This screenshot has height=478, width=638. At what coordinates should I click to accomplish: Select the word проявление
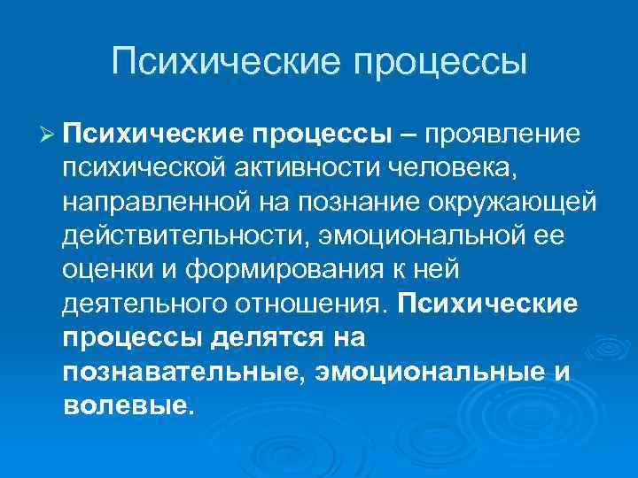pyautogui.click(x=502, y=134)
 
